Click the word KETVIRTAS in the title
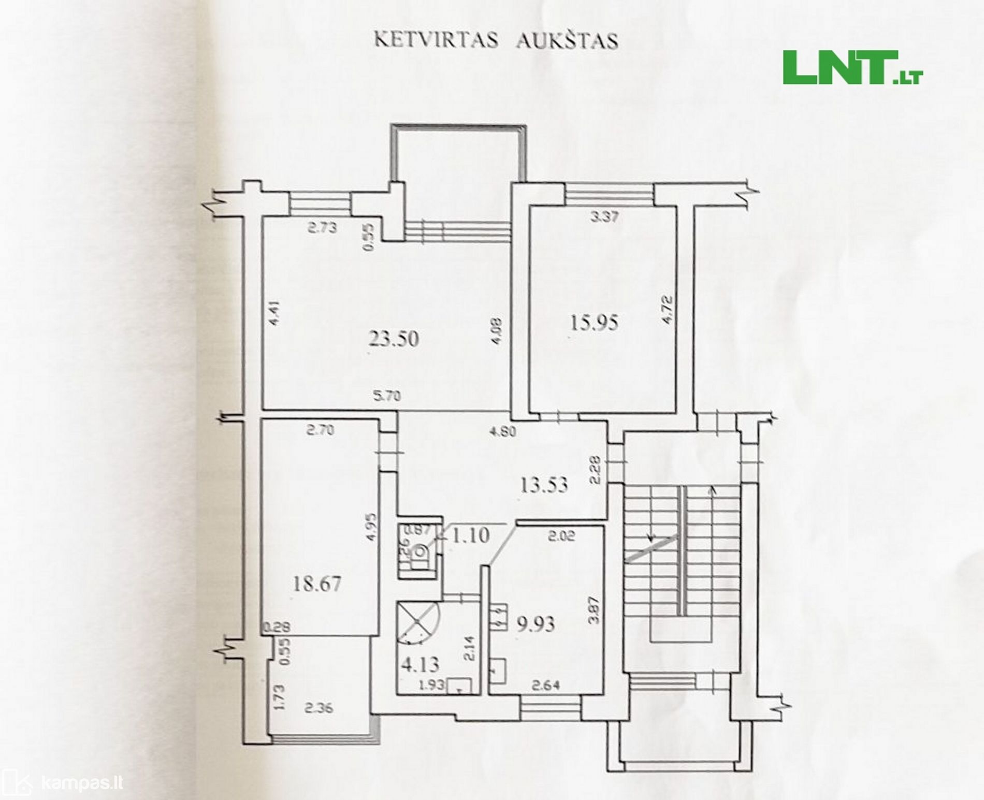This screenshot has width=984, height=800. [x=437, y=41]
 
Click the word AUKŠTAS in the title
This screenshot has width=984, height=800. [x=567, y=41]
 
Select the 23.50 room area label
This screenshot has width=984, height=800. [x=394, y=339]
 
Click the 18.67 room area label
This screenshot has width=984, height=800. [x=316, y=585]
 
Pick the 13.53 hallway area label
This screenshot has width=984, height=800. [x=544, y=485]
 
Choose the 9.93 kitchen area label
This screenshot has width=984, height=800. [x=536, y=623]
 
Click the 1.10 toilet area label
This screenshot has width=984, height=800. [x=470, y=536]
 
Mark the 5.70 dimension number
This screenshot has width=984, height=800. [x=387, y=397]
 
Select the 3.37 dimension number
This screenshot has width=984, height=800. [x=604, y=218]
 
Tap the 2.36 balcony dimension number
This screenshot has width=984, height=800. [x=318, y=708]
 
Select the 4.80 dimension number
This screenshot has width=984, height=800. [x=502, y=431]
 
